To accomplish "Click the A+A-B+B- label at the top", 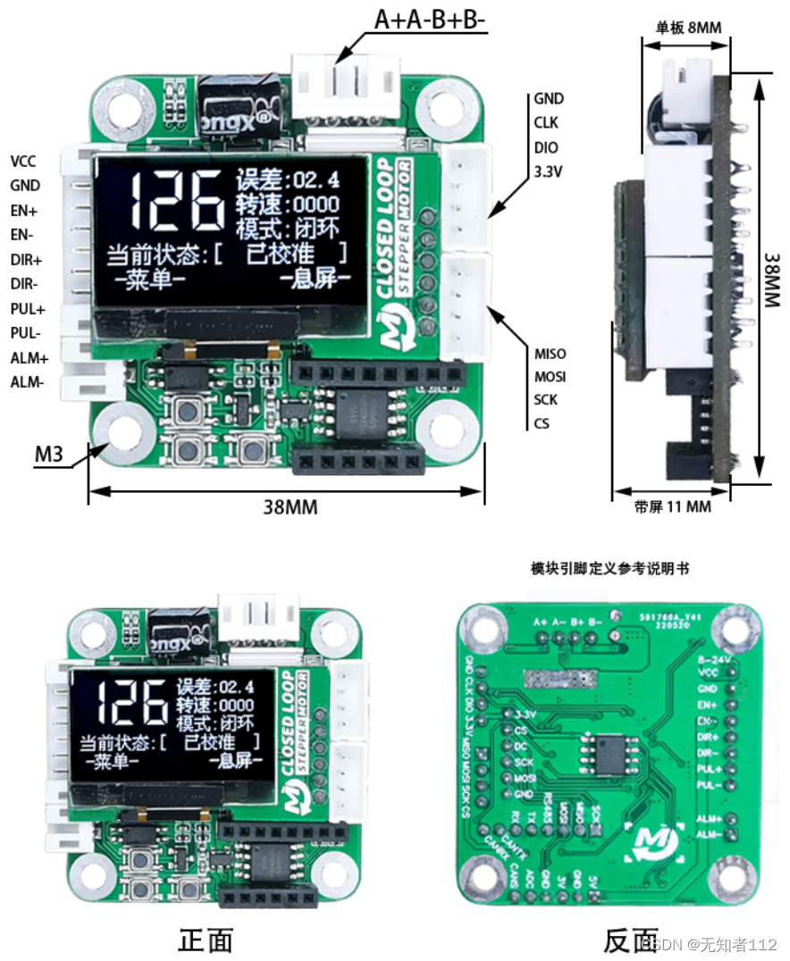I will [430, 20].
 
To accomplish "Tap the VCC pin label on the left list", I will [24, 162].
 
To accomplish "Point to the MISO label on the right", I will [550, 354].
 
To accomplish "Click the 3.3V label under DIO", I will [549, 170].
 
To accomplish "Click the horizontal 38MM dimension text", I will [289, 506].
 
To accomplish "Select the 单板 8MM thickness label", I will [688, 28].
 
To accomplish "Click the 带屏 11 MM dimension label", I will [672, 506].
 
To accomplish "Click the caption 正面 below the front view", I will [206, 940].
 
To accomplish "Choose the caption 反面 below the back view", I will [631, 940].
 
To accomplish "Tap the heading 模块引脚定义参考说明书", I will [609, 568].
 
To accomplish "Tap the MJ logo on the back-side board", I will [656, 840].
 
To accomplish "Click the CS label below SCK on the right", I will [542, 422].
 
